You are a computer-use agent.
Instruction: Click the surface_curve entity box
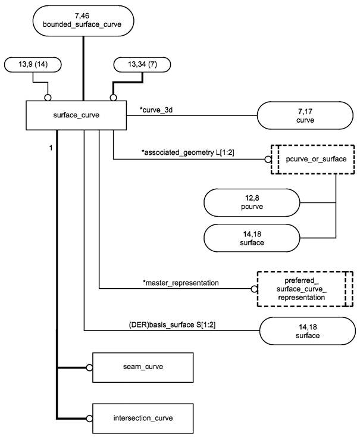76,116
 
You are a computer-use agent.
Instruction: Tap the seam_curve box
143,368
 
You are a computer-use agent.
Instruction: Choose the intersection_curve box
143,417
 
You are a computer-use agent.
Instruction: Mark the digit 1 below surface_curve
51,146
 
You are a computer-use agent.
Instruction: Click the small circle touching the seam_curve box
90,368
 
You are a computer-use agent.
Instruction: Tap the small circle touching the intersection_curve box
90,417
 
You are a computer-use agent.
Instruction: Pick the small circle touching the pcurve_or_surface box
268,159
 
